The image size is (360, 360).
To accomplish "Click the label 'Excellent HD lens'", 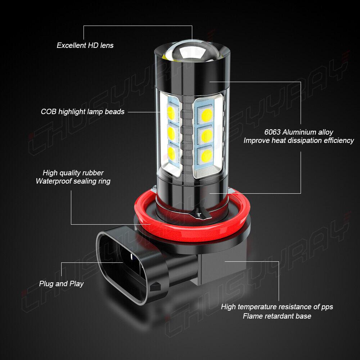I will click(85, 45).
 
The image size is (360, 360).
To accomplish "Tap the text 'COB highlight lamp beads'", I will click(82, 112).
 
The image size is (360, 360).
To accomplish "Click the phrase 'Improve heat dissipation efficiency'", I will click(298, 140).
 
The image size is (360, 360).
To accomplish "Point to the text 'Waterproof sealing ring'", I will click(73, 181).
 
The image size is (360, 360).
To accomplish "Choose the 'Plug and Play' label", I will click(61, 284).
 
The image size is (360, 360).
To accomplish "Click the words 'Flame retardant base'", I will click(277, 316).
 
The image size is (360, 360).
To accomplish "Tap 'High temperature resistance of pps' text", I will click(277, 307).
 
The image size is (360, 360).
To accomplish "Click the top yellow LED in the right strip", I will click(207, 115).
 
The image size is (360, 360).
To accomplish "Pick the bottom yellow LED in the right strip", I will click(207, 156).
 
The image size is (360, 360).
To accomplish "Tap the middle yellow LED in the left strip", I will click(171, 134).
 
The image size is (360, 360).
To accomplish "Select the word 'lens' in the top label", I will click(107, 45).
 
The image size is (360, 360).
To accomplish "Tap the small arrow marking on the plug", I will click(155, 287).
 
